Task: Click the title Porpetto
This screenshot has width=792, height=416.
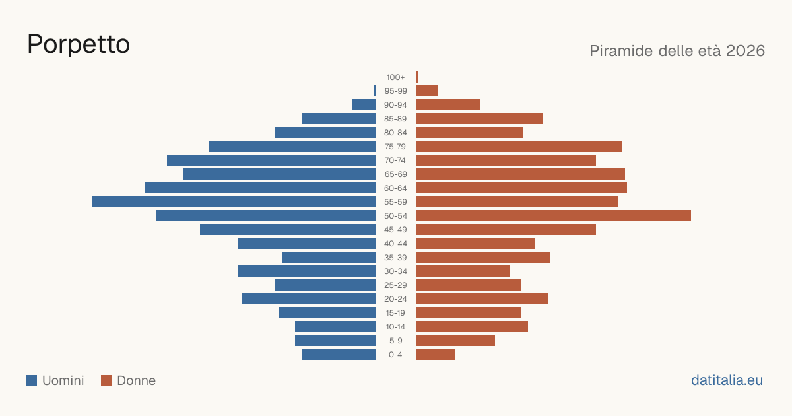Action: pos(79,45)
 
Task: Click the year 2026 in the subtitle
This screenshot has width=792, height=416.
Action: pos(745,51)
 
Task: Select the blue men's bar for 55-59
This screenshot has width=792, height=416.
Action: pos(234,201)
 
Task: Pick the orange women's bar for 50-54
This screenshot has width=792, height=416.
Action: pos(553,216)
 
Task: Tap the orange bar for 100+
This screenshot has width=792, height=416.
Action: pos(417,77)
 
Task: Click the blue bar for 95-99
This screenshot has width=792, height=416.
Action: pos(375,91)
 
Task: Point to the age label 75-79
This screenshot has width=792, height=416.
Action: pos(395,147)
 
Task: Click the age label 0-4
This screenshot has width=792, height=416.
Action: pos(395,355)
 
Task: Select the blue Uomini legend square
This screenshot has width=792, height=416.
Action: pos(32,380)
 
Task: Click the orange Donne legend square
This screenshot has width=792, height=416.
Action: pos(106,380)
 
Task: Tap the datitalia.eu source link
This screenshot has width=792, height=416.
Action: pos(727,380)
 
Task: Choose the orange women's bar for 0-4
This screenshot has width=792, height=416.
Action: pos(436,355)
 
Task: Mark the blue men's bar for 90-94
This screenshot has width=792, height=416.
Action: pos(364,105)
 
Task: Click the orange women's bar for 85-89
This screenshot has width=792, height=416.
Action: pos(479,118)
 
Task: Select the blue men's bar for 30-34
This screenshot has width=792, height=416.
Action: pos(307,271)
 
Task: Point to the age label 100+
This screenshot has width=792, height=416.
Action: pos(395,77)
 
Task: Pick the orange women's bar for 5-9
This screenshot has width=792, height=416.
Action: pos(455,341)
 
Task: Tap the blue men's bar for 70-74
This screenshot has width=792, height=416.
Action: pos(271,160)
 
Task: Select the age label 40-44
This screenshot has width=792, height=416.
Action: pos(395,244)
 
